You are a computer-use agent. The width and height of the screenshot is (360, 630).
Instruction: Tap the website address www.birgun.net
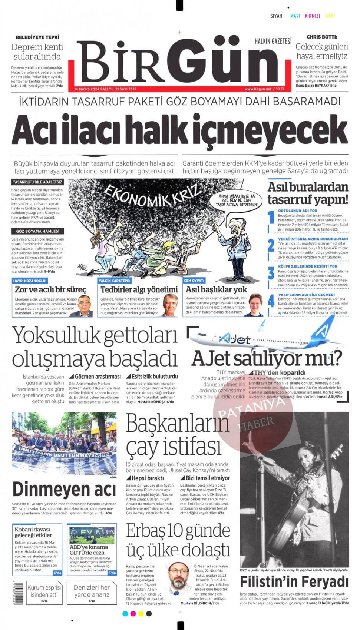(x=258, y=89)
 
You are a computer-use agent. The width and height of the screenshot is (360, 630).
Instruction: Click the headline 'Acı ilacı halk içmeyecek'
(x=179, y=130)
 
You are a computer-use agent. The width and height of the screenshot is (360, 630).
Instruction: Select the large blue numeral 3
(x=271, y=274)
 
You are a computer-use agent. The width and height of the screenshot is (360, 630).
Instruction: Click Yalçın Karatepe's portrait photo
(x=170, y=305)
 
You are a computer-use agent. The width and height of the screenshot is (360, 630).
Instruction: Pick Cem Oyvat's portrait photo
(x=255, y=305)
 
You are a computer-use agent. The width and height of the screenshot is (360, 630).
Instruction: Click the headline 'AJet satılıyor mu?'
(x=266, y=359)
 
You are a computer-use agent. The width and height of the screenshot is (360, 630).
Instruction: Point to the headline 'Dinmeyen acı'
(x=64, y=489)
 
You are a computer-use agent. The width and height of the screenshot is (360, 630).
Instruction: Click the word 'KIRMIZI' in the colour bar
(x=312, y=16)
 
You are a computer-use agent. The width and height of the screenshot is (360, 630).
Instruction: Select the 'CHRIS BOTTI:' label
(x=321, y=37)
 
